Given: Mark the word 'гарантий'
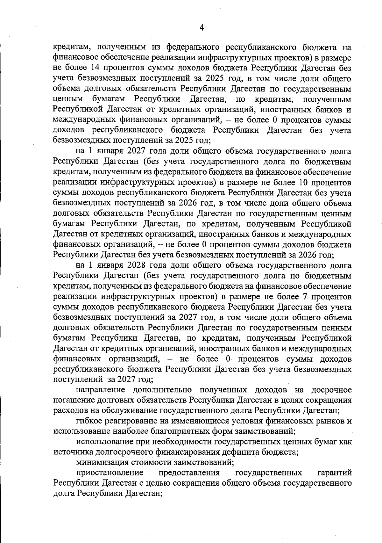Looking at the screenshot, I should (x=335, y=472).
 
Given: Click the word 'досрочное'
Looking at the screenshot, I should (x=331, y=390).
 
